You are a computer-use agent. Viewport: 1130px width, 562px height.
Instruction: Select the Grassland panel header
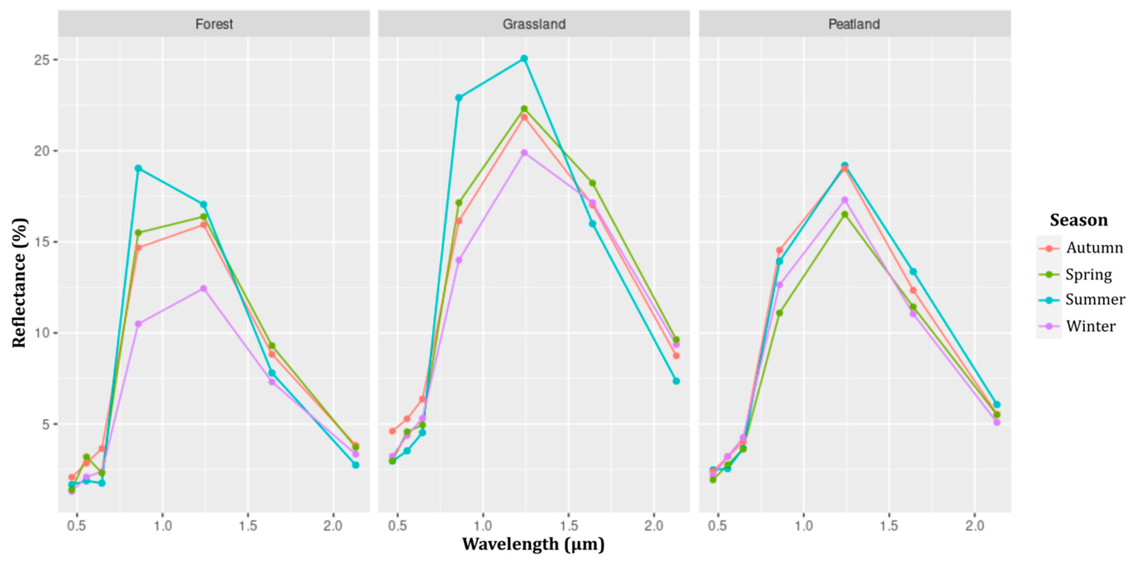pos(534,24)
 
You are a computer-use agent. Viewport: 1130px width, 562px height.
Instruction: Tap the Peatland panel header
pos(854,24)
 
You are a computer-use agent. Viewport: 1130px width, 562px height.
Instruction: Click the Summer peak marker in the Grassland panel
pos(524,58)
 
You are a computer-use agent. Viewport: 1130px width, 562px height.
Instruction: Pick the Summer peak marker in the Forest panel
pos(138,168)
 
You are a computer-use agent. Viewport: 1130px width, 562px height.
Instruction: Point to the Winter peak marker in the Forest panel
pos(203,289)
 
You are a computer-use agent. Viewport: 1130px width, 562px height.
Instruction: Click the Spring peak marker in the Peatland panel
pos(844,214)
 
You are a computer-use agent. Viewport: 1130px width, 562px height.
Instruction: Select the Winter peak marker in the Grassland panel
pos(524,153)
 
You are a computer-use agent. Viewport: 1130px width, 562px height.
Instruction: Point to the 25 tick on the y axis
pos(42,60)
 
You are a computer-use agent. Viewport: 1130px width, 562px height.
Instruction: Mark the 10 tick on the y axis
pos(42,333)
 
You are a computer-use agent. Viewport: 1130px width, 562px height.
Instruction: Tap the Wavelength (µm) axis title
pos(533,544)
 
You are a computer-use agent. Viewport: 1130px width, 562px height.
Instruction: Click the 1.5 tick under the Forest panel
pos(248,526)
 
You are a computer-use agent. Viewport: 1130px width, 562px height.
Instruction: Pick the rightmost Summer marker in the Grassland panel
pos(676,381)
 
